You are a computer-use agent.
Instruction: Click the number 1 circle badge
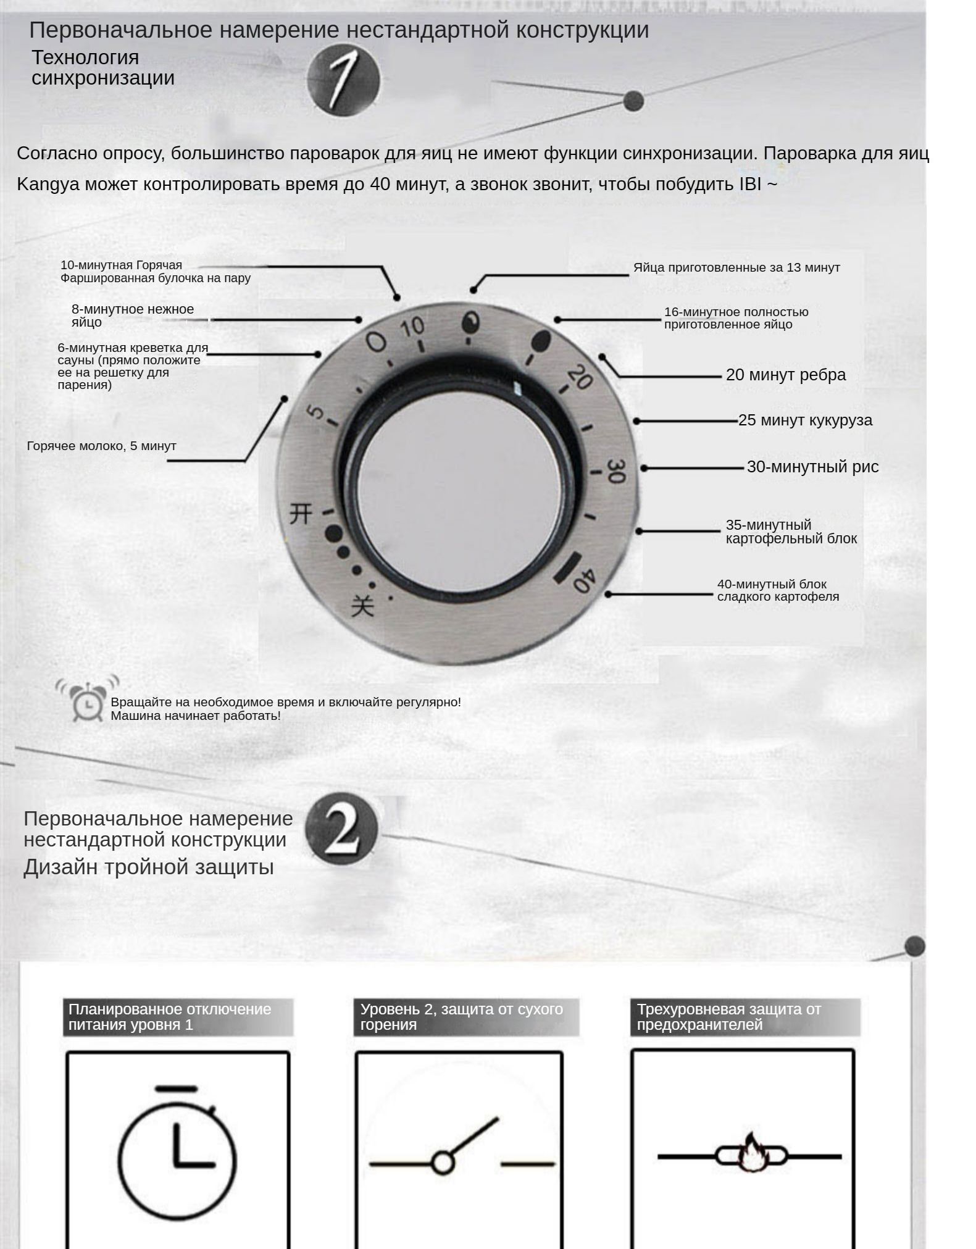[x=343, y=79]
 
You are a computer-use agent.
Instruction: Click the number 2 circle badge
[x=341, y=829]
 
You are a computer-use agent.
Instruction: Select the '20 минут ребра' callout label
[x=785, y=375]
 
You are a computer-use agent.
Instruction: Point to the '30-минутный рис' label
[x=812, y=467]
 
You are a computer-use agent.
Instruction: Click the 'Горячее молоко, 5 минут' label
[x=102, y=446]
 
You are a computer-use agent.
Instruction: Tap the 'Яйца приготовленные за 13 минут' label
[x=736, y=268]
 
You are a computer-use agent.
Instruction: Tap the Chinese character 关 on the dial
[x=362, y=605]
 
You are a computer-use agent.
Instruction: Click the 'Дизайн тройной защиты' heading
[x=149, y=867]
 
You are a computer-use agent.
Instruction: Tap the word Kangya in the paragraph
[x=48, y=184]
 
